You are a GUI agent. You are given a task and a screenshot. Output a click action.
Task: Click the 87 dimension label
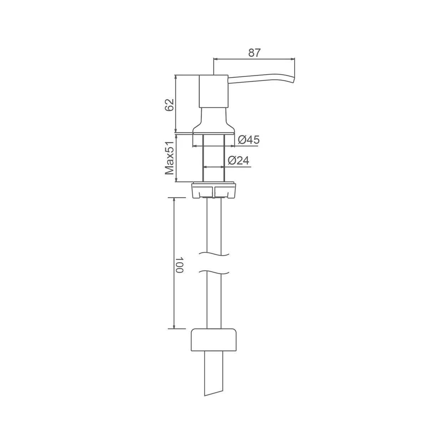click(x=254, y=53)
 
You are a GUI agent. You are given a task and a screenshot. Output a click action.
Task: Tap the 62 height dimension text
click(x=169, y=105)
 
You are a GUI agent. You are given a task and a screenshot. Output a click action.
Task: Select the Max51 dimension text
click(x=169, y=158)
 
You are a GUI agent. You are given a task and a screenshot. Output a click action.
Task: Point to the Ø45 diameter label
click(x=249, y=140)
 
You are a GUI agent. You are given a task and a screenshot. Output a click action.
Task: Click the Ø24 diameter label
click(x=239, y=160)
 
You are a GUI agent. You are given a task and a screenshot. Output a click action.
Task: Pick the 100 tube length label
click(x=179, y=265)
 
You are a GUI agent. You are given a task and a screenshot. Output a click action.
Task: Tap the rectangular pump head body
click(x=213, y=92)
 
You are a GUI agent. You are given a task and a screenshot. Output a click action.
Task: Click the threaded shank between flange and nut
click(x=213, y=158)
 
